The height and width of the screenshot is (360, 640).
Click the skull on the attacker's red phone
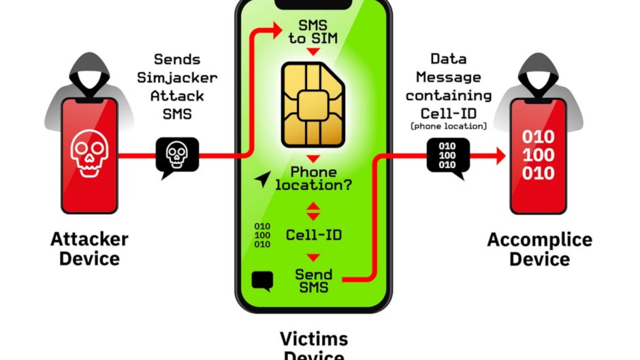coord(89,153)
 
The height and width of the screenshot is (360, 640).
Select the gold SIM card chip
coord(313,105)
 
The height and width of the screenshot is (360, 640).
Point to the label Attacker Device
coord(89,248)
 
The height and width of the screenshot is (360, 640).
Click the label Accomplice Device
coord(540,249)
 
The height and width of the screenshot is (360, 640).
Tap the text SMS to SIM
coord(313,32)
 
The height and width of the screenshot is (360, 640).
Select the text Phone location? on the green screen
coord(313,178)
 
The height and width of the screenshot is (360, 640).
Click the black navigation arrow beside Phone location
coord(262,179)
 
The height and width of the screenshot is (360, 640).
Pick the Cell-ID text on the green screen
coord(313,235)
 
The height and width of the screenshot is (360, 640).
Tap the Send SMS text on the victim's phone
coord(313,281)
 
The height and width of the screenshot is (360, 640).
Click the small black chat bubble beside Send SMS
coord(262,281)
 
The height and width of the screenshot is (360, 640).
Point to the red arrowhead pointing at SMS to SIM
coord(278,30)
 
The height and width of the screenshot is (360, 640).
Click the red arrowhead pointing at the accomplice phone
coord(501,156)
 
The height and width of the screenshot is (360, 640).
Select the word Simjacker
coord(177,78)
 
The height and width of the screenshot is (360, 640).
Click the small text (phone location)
coord(449,126)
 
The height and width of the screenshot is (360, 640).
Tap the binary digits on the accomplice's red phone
coord(539,155)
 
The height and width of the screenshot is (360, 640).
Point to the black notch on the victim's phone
coord(313,5)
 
